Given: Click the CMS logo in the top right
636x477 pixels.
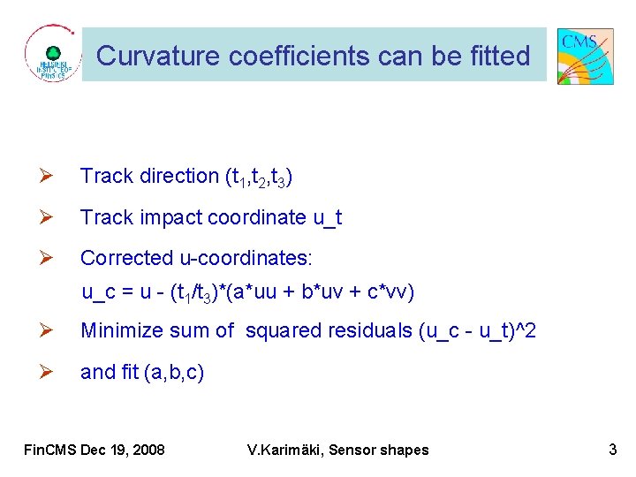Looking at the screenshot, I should tap(586, 56).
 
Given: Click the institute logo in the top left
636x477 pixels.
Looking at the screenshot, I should tap(53, 56).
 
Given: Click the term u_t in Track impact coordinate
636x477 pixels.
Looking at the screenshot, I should tap(328, 218).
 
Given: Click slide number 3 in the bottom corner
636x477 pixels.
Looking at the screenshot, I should tap(612, 450).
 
